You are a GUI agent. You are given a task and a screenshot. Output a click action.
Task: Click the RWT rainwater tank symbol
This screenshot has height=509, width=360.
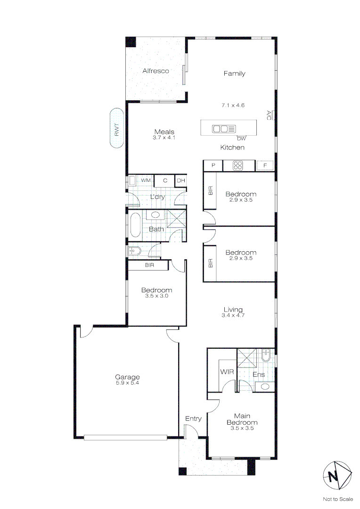(x=117, y=129)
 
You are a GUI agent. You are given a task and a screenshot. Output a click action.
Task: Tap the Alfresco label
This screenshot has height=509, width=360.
(x=155, y=71)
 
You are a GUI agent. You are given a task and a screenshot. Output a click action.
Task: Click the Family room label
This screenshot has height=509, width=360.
(x=234, y=74)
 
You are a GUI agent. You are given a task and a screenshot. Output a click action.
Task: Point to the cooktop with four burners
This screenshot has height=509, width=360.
(x=238, y=165)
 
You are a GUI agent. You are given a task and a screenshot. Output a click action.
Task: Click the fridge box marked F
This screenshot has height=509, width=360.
(x=266, y=165)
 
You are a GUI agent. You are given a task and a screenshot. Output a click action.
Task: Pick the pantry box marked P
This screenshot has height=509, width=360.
(x=213, y=165)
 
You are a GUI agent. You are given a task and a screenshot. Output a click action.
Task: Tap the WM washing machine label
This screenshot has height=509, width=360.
(x=146, y=181)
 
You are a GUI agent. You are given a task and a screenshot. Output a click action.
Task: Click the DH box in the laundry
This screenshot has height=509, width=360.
(x=180, y=181)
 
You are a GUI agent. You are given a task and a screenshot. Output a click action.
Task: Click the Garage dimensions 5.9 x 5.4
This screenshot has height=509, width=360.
(x=128, y=383)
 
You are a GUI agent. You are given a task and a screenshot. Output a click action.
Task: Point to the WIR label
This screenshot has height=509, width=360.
(x=227, y=372)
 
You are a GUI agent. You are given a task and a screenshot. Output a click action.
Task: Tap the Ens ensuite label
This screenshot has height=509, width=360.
(x=259, y=375)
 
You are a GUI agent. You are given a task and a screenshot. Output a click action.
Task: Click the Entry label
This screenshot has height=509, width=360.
(x=193, y=419)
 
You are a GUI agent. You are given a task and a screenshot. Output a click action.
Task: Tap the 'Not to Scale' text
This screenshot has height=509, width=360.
(x=337, y=499)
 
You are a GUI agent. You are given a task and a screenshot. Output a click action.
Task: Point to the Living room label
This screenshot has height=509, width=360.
(x=233, y=310)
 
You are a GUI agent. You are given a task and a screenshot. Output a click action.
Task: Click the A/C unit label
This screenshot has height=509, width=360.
(x=269, y=115)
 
